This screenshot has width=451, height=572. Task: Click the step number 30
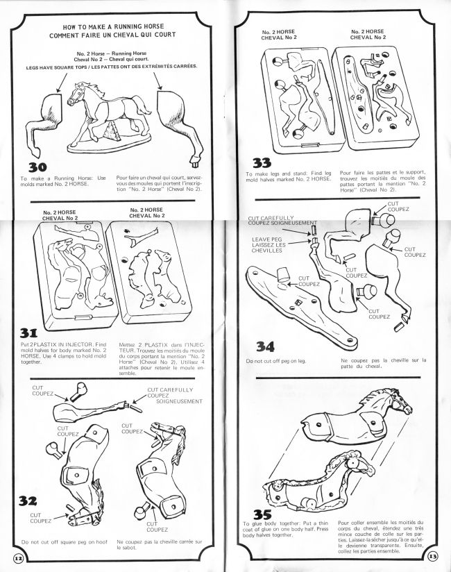tap(37, 167)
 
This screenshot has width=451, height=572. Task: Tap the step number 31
tap(29, 333)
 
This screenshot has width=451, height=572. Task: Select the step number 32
tap(28, 500)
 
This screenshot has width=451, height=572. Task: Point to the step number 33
tap(262, 162)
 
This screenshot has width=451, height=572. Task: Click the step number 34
tap(265, 346)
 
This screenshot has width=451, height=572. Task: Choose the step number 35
tap(262, 514)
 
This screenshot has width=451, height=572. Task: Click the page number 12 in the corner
tap(18, 558)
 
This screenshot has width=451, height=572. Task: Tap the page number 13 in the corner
tap(432, 556)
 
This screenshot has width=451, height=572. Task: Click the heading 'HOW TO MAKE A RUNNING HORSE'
tap(113, 26)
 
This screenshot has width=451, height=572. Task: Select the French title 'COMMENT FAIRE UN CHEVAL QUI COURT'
tap(112, 35)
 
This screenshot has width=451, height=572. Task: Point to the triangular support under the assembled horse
tap(110, 131)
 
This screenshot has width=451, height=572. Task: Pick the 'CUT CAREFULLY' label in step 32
tap(170, 390)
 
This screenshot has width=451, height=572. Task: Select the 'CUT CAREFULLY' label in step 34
tap(271, 218)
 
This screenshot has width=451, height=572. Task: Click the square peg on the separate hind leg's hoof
tap(194, 161)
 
